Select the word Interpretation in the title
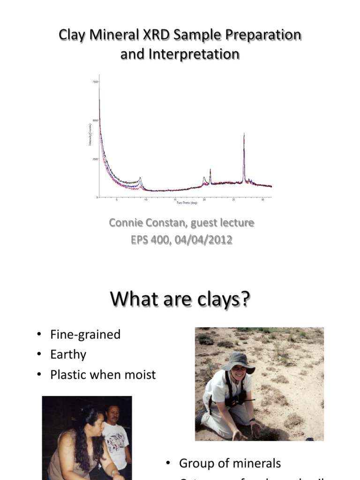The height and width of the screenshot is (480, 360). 194,54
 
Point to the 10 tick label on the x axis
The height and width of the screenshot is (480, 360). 146,200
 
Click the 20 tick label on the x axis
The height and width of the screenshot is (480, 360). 204,200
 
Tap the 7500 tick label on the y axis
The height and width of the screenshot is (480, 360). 95,82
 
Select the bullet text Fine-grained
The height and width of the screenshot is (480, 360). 85,334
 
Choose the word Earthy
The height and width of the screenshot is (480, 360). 68,354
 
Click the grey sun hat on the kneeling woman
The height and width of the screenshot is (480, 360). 238,362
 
